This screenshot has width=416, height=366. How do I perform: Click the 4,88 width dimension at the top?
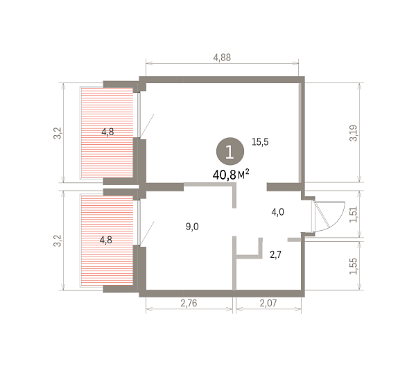pos(222,58)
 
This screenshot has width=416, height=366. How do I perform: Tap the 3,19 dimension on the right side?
pos(353,133)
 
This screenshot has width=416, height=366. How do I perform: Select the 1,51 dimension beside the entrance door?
pos(353,214)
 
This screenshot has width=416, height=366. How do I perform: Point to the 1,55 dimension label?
pos(353,266)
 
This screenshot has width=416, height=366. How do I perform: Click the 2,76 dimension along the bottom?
pos(189,303)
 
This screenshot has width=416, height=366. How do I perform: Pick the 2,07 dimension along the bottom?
pos(268,303)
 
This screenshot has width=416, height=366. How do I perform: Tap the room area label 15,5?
pos(260,142)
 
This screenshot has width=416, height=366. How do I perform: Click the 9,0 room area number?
pos(192,227)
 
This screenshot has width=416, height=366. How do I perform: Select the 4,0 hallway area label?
pos(278,212)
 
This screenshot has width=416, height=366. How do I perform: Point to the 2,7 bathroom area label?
pos(275,254)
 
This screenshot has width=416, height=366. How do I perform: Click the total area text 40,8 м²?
pos(231,174)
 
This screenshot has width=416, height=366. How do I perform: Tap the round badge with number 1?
pos(230,151)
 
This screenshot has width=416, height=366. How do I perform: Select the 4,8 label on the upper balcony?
pos(107,132)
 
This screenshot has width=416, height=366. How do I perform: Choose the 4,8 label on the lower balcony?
pos(105,240)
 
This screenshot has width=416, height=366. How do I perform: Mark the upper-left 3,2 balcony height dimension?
pos(58,133)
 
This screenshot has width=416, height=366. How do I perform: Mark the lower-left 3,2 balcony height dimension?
pos(58,241)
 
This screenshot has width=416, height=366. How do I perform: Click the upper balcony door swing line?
pos(147,126)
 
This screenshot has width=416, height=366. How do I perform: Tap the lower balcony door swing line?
pos(147,234)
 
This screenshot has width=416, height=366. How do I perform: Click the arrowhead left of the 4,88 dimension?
pos(149,63)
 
